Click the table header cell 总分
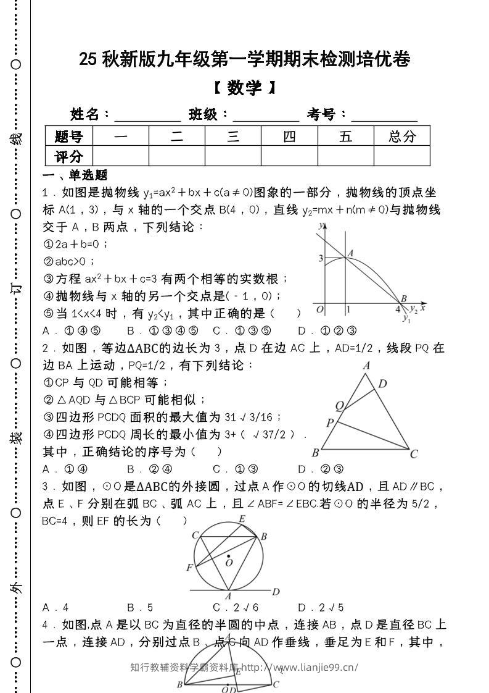401,136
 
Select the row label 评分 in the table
68,156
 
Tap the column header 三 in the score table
233,136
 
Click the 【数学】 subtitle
245,88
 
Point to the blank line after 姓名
147,115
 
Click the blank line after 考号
384,115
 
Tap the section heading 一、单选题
75,175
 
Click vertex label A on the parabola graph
350,252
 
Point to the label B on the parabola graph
404,299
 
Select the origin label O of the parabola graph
319,309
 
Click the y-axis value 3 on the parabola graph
320,258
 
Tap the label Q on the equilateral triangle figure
339,405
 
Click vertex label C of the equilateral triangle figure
414,454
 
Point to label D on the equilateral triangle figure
382,384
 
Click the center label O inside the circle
229,563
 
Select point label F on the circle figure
189,567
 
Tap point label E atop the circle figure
242,518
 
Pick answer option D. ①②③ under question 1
327,330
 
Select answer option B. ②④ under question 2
149,469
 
